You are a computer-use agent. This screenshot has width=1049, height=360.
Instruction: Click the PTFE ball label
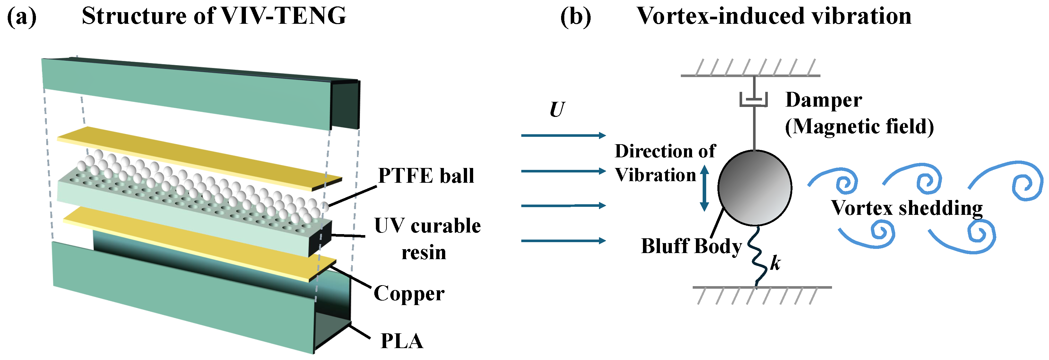(426, 176)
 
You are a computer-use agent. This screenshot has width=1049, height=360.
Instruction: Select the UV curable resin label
(427, 239)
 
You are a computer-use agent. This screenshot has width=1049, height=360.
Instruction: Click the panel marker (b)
(576, 17)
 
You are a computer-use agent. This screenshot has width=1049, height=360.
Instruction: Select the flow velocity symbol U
(557, 110)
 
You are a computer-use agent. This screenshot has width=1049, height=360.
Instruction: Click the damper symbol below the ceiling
(754, 100)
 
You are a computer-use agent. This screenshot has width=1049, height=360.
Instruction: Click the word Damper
(823, 100)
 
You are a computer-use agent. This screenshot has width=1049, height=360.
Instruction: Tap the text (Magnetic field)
(859, 127)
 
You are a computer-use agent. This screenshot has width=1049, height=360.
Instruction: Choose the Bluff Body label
(691, 246)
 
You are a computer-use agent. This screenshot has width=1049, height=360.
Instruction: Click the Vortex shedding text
(906, 208)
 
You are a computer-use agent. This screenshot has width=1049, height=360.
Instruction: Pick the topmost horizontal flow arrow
(563, 135)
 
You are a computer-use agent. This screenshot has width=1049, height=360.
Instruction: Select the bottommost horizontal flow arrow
(563, 241)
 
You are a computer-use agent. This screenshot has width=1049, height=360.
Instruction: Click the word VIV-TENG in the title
(283, 16)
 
